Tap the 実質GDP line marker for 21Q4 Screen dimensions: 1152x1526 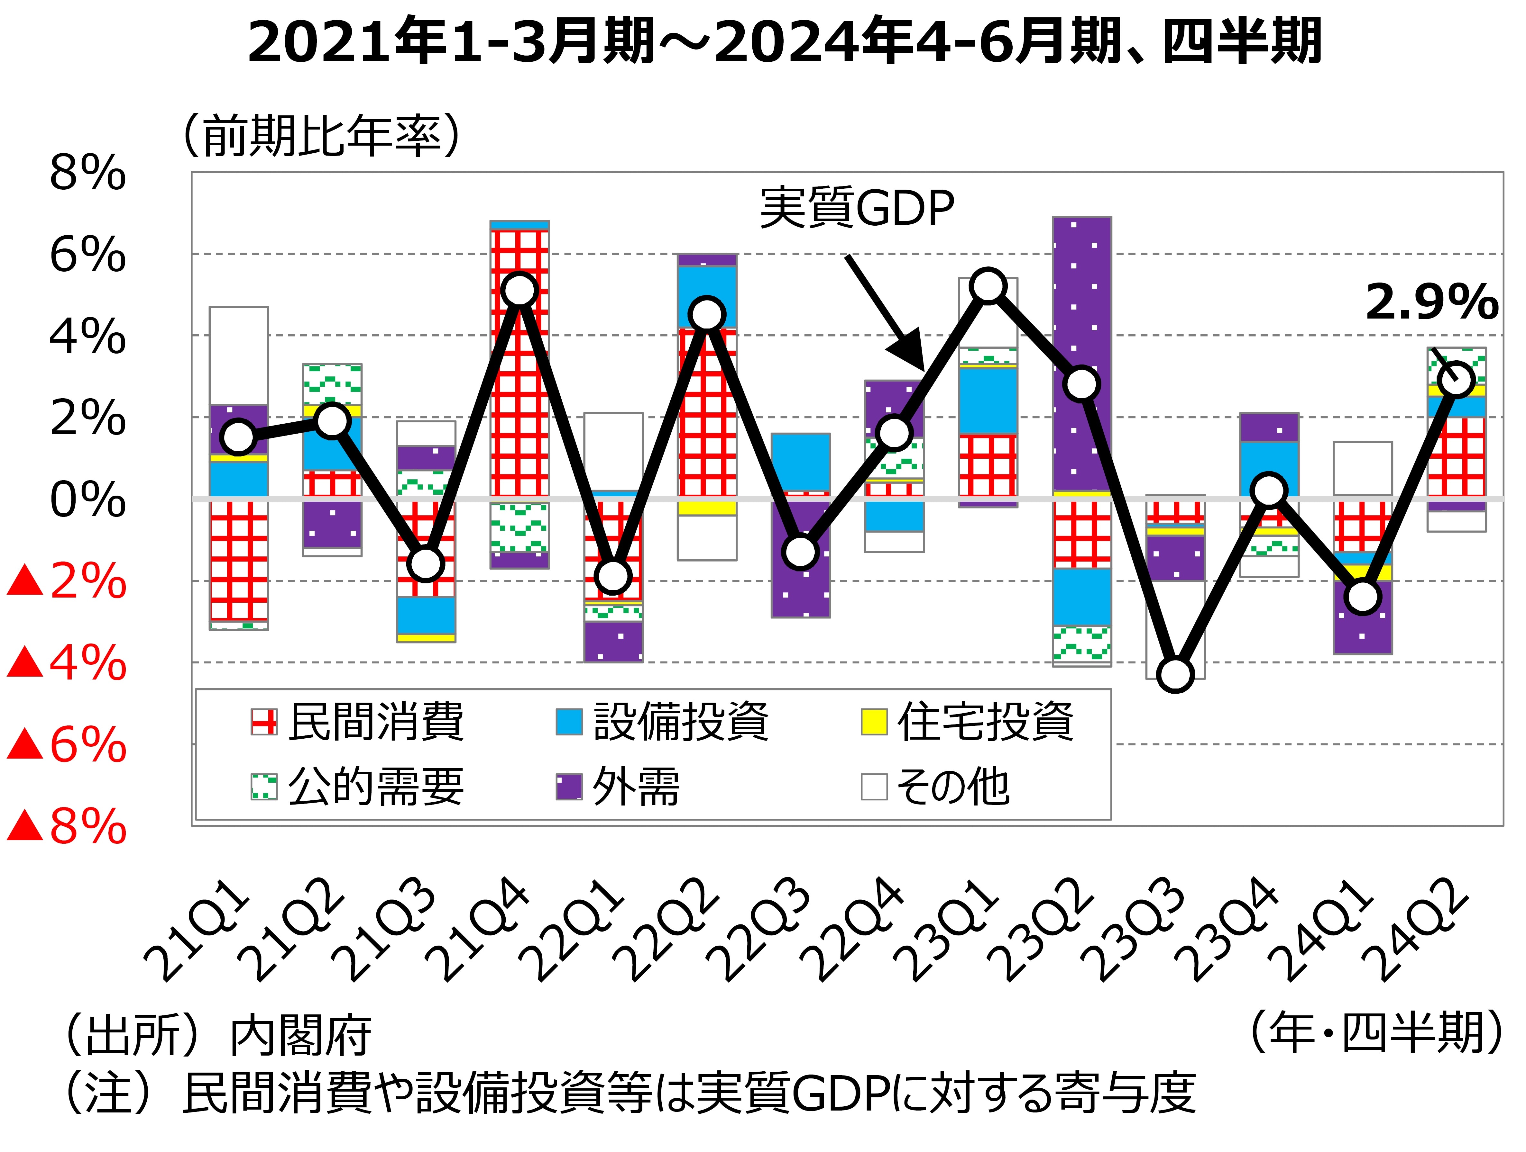click(519, 290)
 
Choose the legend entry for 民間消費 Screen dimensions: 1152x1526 click(357, 722)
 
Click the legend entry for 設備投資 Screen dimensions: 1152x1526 click(662, 722)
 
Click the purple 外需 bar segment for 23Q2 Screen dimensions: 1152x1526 click(1082, 310)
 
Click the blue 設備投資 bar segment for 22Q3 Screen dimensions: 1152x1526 click(800, 462)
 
